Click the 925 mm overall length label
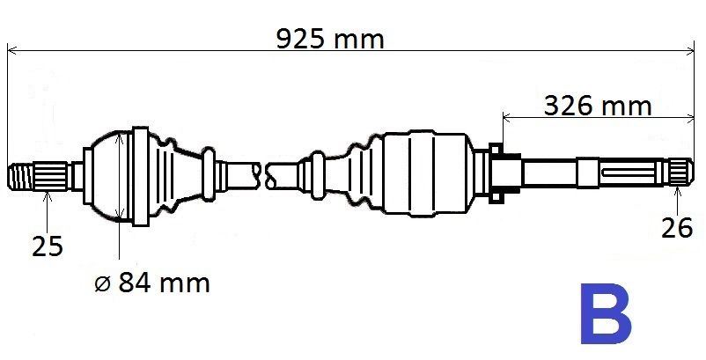(330, 39)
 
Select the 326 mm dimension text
(598, 107)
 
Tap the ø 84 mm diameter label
(152, 283)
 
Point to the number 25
(48, 246)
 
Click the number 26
(677, 228)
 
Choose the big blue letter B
(606, 313)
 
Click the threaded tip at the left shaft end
(21, 176)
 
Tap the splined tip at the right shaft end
(680, 173)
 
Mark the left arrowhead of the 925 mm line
(12, 50)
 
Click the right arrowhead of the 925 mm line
(689, 50)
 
